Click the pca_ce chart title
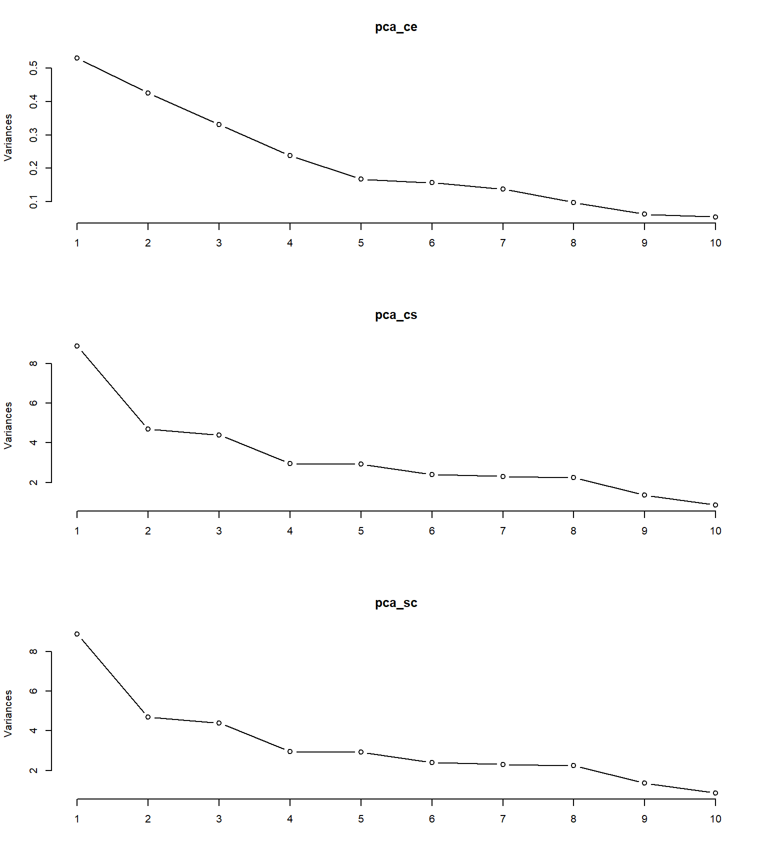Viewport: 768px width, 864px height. (396, 27)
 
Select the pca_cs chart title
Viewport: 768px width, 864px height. (396, 315)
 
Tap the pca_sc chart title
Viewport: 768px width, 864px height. (396, 603)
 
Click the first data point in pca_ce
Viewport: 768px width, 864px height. (77, 58)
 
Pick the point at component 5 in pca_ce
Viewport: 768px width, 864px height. (361, 179)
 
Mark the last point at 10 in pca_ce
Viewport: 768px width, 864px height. (715, 217)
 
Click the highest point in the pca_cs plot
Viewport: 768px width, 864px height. (77, 346)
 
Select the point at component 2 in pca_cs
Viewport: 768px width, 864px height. (148, 429)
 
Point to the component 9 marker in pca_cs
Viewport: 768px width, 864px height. (644, 495)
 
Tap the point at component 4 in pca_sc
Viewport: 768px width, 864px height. (290, 751)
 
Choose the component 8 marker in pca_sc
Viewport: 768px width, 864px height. (573, 765)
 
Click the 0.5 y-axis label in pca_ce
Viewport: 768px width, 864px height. (33, 68)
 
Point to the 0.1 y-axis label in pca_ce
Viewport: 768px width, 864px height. (33, 201)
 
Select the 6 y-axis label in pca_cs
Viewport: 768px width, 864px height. (33, 403)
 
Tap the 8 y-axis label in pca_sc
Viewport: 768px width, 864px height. (33, 651)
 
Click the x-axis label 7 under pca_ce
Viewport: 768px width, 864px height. (503, 243)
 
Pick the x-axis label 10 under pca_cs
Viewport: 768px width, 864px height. (715, 531)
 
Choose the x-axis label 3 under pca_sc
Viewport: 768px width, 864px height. (219, 819)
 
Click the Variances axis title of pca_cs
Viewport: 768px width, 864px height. (8, 425)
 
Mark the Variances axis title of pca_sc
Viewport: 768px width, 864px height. (8, 713)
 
